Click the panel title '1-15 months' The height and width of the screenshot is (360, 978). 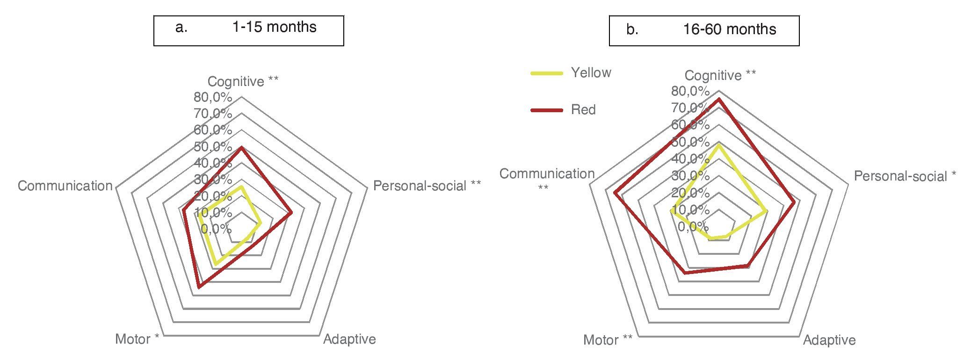click(x=274, y=27)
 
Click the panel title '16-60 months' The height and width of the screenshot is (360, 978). click(x=729, y=29)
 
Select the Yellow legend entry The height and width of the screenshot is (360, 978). click(x=591, y=73)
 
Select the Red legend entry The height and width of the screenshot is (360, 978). click(x=583, y=110)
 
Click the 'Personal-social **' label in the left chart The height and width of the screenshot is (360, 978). click(x=427, y=186)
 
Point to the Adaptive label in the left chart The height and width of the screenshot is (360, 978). click(x=349, y=339)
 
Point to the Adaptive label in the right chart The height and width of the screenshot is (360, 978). click(x=829, y=340)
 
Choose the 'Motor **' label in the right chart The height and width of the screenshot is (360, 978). click(x=608, y=340)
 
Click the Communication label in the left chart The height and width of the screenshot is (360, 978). click(x=65, y=186)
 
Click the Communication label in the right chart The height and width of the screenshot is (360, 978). click(x=547, y=174)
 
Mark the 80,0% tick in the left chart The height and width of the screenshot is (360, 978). click(x=213, y=98)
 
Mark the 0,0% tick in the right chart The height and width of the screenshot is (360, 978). click(x=693, y=226)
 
